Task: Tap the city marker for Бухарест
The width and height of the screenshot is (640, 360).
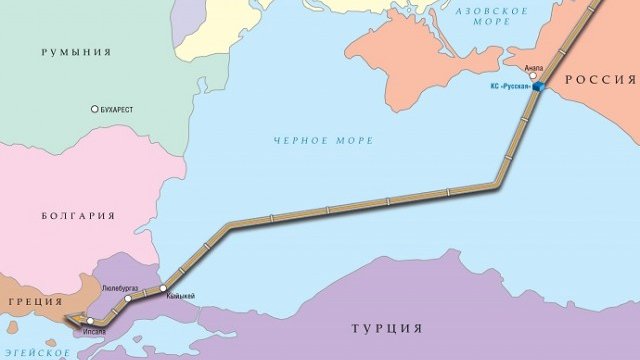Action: pyautogui.click(x=95, y=109)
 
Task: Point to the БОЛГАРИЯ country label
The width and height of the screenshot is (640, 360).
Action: pyautogui.click(x=78, y=216)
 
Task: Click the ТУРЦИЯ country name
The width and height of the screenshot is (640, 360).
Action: pyautogui.click(x=387, y=328)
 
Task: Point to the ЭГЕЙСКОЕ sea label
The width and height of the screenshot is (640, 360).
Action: pyautogui.click(x=37, y=352)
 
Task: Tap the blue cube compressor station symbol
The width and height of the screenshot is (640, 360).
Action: pyautogui.click(x=538, y=88)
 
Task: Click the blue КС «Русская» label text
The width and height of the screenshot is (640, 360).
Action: pyautogui.click(x=508, y=89)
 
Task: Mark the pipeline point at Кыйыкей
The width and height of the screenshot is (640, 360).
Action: pyautogui.click(x=164, y=288)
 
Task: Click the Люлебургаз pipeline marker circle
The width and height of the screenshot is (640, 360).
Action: pyautogui.click(x=128, y=298)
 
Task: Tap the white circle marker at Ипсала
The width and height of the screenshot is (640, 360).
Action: pyautogui.click(x=90, y=321)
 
